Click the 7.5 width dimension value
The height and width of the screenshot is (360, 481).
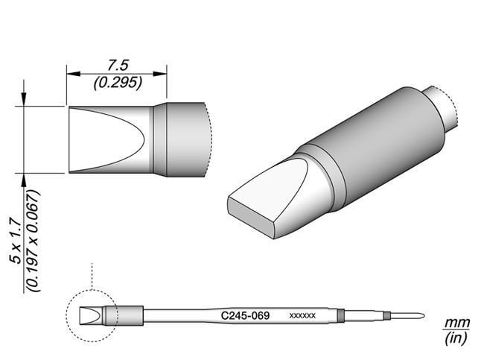(x=116, y=66)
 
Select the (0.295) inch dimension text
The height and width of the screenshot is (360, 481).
(x=117, y=83)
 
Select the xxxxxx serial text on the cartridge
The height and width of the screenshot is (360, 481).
(x=302, y=316)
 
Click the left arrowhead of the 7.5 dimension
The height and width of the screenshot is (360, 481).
(x=71, y=74)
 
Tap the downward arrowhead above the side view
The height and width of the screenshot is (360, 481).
(x=25, y=101)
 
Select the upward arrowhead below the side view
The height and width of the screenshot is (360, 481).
(x=25, y=179)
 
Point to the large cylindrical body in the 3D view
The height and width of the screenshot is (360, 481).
(x=372, y=145)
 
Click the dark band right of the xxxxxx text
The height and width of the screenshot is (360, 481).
(x=341, y=315)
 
